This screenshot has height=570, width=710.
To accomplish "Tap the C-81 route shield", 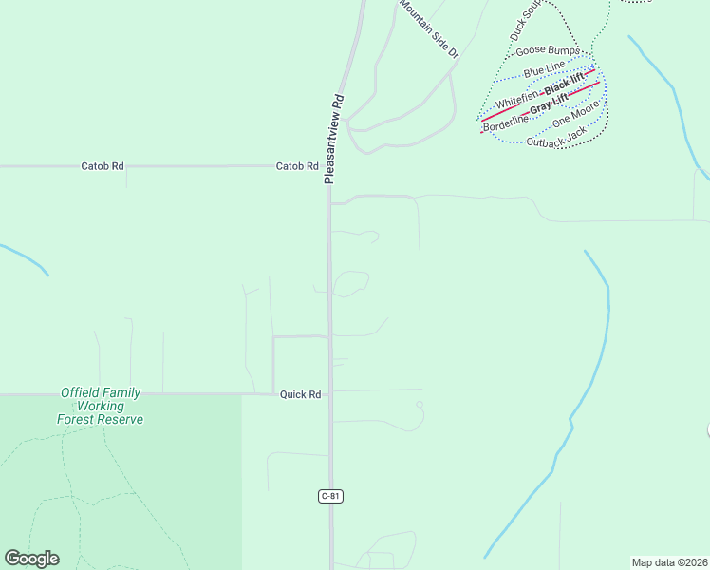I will [328, 496].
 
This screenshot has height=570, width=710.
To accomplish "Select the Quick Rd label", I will [300, 394].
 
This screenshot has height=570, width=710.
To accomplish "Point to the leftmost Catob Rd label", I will [103, 166].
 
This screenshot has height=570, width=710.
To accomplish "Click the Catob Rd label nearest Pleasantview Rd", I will [296, 166].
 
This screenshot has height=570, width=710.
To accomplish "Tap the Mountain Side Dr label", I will [428, 29].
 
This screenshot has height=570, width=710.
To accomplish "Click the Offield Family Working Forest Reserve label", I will [100, 406].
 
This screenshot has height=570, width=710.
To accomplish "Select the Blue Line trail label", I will [544, 71].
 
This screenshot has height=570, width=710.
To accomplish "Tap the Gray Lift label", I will [549, 103].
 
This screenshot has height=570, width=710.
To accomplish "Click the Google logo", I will [31, 559].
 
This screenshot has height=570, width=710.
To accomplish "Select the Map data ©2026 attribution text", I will [669, 562].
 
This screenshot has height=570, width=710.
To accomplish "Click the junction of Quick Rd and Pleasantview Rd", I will [330, 392].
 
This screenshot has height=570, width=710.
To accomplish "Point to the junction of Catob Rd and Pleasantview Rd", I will [327, 167].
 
